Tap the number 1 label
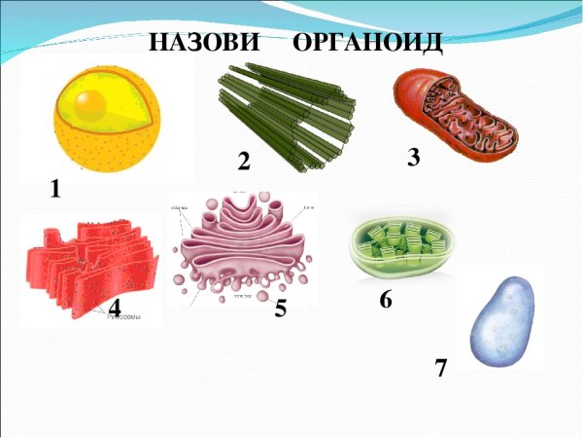click(55, 191)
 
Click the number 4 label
click(115, 307)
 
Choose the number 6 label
click(386, 301)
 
